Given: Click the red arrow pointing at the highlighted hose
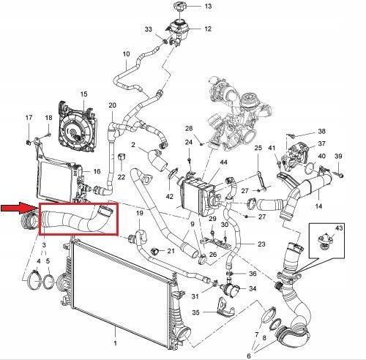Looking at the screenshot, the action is [x=19, y=208].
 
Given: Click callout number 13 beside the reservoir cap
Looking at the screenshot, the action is [x=208, y=6].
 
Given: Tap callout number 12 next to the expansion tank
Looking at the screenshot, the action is [x=208, y=29].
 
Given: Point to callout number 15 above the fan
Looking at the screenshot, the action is [x=83, y=94].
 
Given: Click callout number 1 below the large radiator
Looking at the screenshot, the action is [x=115, y=343].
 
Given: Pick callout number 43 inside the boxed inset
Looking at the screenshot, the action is [x=339, y=228].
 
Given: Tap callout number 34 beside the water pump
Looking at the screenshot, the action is [x=253, y=288].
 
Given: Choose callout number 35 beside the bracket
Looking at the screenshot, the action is [x=195, y=312].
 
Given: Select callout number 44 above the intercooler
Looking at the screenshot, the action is [x=223, y=162].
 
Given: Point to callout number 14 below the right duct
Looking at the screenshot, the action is [x=318, y=206].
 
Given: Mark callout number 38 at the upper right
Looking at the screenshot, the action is [x=321, y=131].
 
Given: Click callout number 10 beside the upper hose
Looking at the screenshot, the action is [x=126, y=53].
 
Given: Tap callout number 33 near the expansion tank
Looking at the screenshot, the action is [x=148, y=29].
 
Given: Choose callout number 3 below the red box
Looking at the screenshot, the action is [x=44, y=245].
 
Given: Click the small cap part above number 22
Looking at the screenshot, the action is [x=122, y=157].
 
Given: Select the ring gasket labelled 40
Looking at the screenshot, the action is [x=310, y=168].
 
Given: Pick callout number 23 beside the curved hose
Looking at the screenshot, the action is [x=261, y=244].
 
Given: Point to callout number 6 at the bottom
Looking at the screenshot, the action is [x=249, y=356].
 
